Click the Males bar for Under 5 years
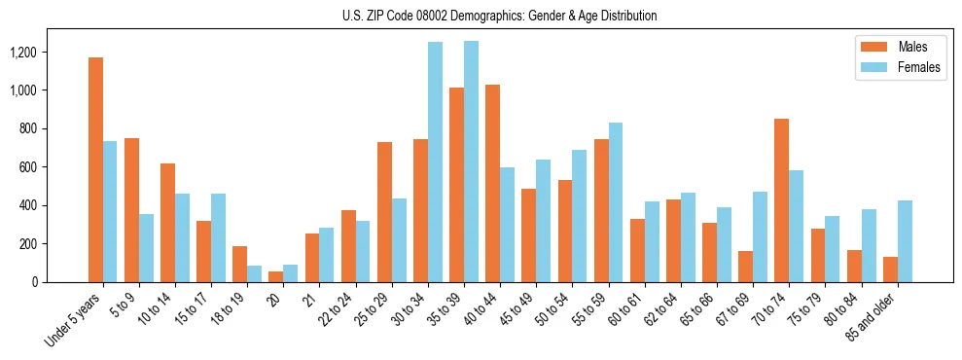point(95,170)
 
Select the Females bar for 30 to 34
point(435,162)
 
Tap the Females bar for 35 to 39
point(471,162)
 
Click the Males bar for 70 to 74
point(781,200)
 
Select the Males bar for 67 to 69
point(745,267)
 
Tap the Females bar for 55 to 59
point(616,202)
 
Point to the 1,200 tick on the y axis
point(42,52)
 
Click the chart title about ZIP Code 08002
point(499,16)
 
